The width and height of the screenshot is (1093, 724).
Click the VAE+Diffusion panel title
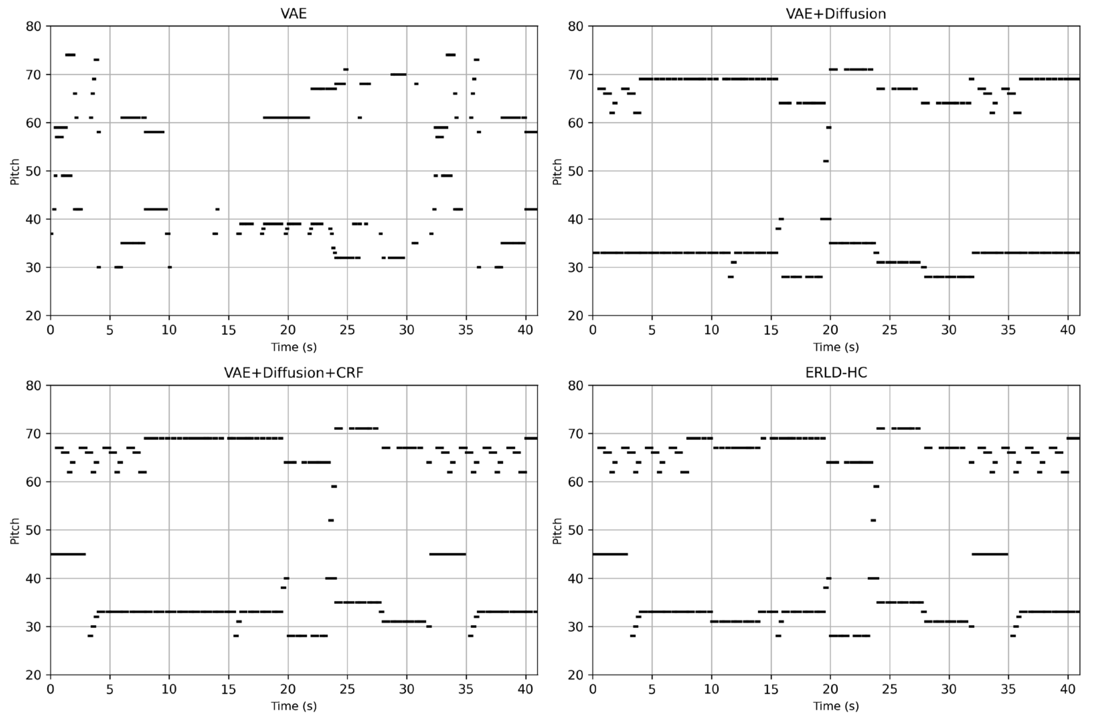(x=835, y=13)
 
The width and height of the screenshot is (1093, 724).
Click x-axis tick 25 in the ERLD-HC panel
(x=890, y=689)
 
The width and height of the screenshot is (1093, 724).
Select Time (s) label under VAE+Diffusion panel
(x=835, y=347)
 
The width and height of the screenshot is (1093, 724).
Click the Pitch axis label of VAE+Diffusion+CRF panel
(x=15, y=531)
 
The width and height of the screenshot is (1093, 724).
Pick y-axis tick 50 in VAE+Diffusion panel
(x=576, y=171)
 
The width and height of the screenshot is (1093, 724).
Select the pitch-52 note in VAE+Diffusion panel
(x=826, y=161)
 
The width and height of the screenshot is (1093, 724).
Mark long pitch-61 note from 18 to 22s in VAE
(x=286, y=117)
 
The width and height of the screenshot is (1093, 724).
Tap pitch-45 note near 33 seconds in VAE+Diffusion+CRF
(x=447, y=554)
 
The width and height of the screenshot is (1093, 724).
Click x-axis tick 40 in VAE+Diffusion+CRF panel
(x=525, y=689)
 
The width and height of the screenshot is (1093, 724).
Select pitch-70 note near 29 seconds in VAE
(x=398, y=74)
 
